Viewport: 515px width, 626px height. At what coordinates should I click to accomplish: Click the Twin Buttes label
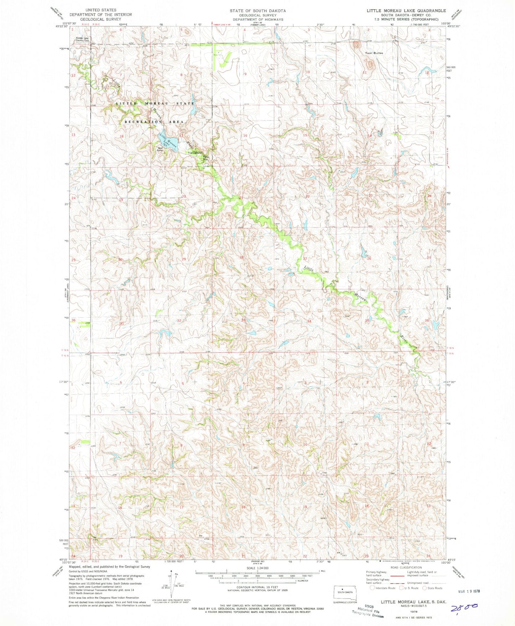tap(374, 53)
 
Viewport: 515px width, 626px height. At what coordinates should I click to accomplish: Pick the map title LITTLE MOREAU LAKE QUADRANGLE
tap(406, 11)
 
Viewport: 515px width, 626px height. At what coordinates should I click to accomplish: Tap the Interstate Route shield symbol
tap(372, 588)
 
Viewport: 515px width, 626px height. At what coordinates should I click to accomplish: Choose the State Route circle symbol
tap(425, 588)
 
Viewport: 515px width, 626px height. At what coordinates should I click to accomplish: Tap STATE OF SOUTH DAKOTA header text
tap(257, 11)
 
